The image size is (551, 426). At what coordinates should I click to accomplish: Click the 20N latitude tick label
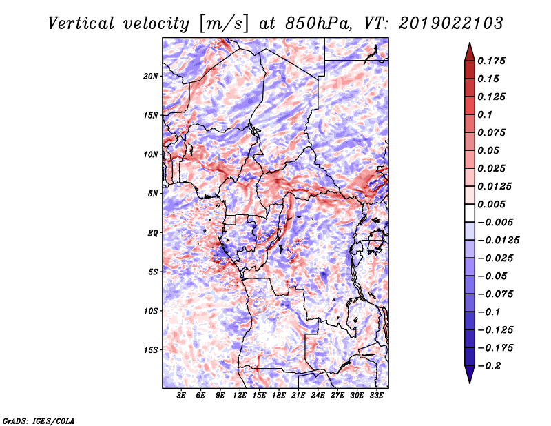tap(151, 77)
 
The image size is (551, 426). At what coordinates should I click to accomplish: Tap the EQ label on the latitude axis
tap(152, 233)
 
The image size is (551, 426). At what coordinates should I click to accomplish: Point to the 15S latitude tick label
tap(151, 350)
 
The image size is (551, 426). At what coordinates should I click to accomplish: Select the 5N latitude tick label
tap(153, 194)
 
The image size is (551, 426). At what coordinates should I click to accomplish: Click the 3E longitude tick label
tap(181, 396)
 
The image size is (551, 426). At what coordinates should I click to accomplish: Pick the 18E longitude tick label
tap(279, 396)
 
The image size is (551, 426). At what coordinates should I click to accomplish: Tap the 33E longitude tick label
tap(376, 396)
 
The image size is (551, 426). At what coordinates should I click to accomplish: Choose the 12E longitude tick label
tap(240, 396)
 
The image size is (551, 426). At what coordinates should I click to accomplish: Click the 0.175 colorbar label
tap(491, 61)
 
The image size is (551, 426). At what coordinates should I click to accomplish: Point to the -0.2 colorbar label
tap(489, 366)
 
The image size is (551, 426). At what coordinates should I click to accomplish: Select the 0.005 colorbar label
tap(491, 204)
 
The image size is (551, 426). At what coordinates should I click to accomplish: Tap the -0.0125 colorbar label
tap(498, 241)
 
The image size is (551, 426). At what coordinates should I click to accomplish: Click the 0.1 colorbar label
tap(485, 114)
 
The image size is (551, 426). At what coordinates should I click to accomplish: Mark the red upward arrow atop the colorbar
tap(470, 52)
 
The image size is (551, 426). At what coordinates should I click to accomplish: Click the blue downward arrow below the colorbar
tap(470, 374)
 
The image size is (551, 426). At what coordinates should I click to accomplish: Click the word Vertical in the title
tap(81, 23)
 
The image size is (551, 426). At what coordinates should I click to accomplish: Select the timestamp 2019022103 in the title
tap(451, 23)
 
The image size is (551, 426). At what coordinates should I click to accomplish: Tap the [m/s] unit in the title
tap(224, 23)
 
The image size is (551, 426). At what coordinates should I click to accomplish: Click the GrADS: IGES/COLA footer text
tap(39, 420)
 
